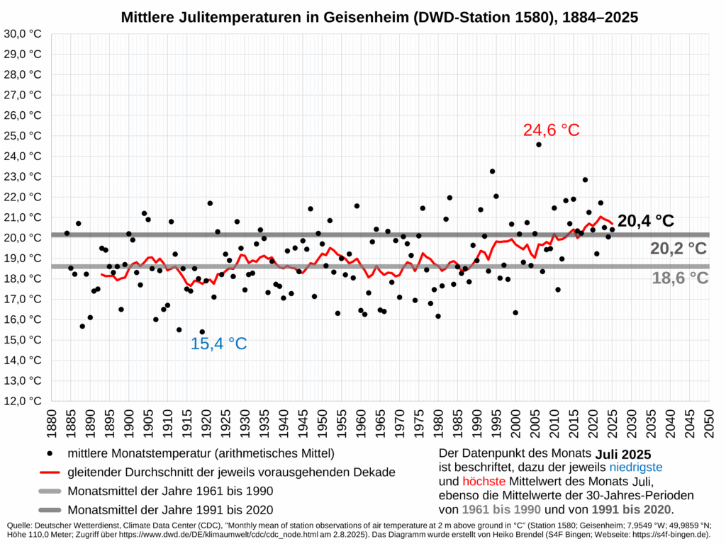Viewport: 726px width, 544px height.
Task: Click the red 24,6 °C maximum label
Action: [x=551, y=130]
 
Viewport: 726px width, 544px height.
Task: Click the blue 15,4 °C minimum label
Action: [x=218, y=344]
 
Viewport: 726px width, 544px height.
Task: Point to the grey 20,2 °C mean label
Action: [x=678, y=249]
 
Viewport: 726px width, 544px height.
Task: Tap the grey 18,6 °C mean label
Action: [x=679, y=278]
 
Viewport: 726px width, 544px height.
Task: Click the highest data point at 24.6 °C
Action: [x=539, y=144]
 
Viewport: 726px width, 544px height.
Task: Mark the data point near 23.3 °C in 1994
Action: [x=492, y=171]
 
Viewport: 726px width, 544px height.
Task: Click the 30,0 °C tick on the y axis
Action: [x=24, y=33]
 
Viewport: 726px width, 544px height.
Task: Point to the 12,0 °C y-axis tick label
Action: [x=24, y=400]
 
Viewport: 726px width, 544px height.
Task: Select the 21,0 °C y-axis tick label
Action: [x=24, y=217]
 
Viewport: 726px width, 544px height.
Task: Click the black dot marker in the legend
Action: [x=49, y=453]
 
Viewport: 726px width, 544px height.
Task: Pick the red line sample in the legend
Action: [x=49, y=472]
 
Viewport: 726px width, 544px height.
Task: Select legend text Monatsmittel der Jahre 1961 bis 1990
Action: [x=170, y=491]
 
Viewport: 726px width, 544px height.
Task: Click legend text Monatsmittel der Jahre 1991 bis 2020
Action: [x=170, y=509]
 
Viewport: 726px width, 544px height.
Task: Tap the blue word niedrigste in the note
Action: [x=635, y=467]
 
